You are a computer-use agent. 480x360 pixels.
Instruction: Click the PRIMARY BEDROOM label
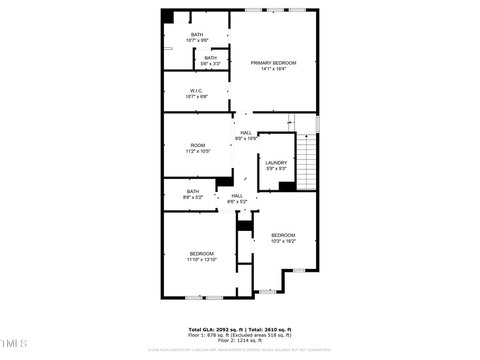coord(273,63)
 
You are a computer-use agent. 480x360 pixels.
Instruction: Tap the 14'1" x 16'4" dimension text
coord(273,69)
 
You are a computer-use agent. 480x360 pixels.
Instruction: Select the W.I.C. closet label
coord(196,91)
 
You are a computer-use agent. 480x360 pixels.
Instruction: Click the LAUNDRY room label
coord(276,163)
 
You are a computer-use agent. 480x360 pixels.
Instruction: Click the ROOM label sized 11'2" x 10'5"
coord(197,145)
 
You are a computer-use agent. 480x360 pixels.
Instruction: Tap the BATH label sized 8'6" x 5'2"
coord(192,191)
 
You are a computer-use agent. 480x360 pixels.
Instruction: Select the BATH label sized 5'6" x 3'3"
coord(210,58)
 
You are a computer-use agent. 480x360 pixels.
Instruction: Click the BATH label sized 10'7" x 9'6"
coord(197,35)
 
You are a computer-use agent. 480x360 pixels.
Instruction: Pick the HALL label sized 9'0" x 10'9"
coord(246,133)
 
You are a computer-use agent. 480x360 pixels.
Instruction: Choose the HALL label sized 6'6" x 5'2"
coord(237,196)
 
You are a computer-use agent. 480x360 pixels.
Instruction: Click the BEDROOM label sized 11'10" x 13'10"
coord(201,254)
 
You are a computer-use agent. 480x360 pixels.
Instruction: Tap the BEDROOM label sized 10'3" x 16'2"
coord(283,235)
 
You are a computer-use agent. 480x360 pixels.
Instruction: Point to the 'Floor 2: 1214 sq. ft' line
coord(240,341)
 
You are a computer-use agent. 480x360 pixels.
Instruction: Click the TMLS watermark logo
coord(13,343)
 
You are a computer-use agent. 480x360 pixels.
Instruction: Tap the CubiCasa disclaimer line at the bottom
coord(240,350)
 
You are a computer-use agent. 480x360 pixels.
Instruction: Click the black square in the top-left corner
coord(167,17)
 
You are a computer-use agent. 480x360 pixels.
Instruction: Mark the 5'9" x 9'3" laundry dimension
coord(276,169)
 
